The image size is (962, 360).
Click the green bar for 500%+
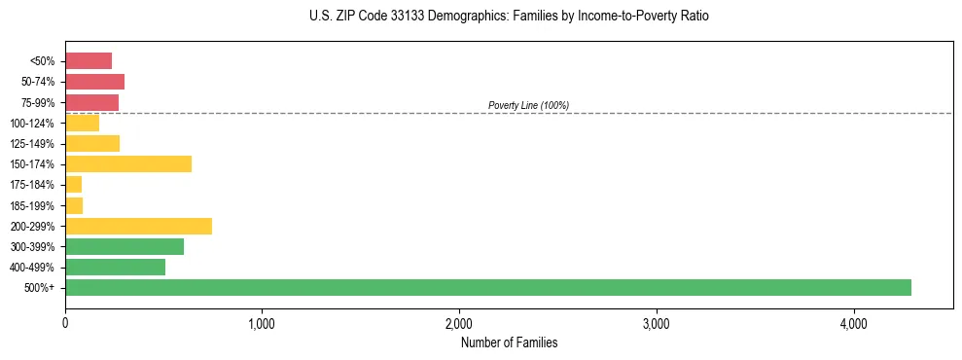click(487, 287)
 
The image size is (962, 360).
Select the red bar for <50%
click(89, 60)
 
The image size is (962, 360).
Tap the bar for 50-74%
click(94, 81)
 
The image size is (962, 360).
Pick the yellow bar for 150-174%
click(128, 163)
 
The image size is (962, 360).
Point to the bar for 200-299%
click(138, 226)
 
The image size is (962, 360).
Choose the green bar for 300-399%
click(125, 246)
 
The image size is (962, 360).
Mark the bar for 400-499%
click(115, 267)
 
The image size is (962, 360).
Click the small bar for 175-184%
click(73, 184)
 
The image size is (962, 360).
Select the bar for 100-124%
click(82, 123)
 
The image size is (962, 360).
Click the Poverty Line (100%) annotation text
click(528, 105)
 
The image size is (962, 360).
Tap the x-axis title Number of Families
click(509, 342)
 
